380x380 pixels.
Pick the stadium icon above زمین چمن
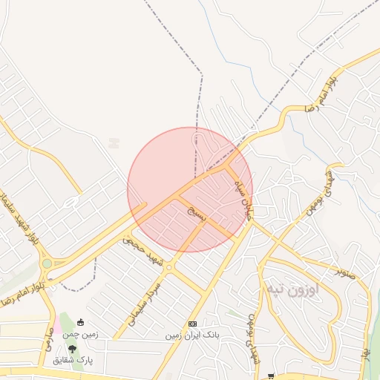(81, 323)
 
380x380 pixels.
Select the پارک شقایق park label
(73, 360)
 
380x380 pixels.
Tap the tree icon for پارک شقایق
(72, 348)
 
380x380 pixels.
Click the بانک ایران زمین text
(192, 335)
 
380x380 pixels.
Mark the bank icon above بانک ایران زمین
(192, 324)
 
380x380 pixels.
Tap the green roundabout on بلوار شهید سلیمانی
(47, 263)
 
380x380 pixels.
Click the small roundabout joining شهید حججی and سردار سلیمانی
(169, 267)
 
